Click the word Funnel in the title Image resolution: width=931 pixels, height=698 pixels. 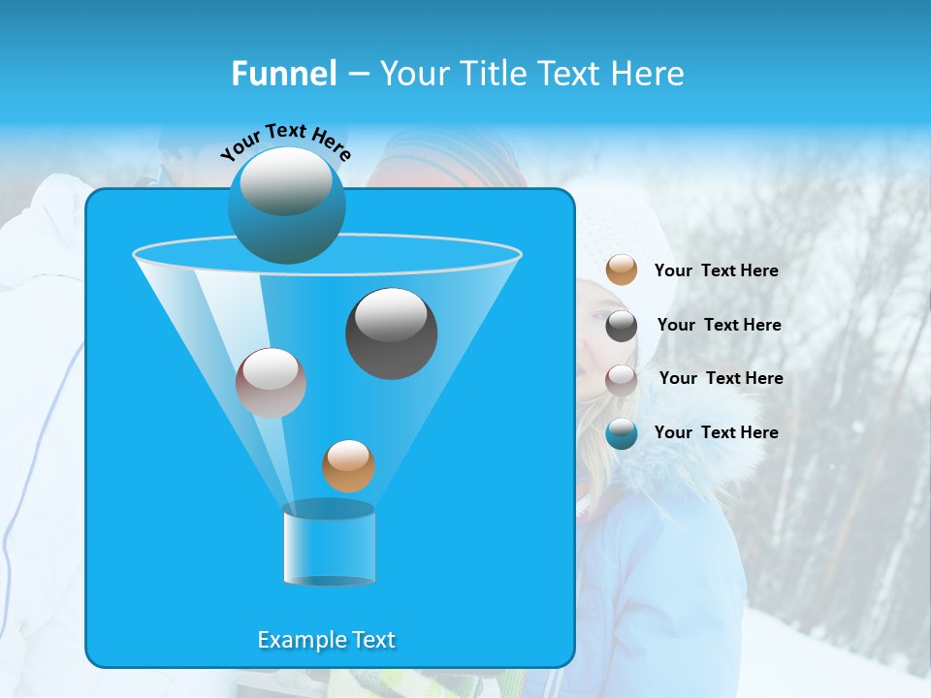tap(283, 74)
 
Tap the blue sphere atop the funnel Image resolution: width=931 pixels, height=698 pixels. tap(287, 206)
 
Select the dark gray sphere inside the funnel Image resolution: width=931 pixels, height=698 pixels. tap(392, 333)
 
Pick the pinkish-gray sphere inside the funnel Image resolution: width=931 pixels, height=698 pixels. tap(271, 383)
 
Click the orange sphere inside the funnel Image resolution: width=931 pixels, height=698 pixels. tap(348, 465)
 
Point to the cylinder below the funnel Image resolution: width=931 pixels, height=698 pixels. tap(329, 544)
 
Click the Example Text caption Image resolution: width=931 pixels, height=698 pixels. tap(327, 640)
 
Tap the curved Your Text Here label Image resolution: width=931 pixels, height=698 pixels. tap(285, 142)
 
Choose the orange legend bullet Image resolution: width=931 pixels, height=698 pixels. tap(622, 270)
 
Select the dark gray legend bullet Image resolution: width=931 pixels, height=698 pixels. tap(622, 326)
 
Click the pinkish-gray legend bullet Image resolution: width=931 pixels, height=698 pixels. tap(622, 379)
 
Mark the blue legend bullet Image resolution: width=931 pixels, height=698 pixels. tap(622, 433)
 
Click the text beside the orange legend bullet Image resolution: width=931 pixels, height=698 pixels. tap(716, 271)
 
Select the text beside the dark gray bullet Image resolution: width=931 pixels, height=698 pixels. tap(719, 326)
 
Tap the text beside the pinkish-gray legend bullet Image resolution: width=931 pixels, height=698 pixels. tap(721, 379)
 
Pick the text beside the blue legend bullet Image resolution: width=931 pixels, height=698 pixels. tap(716, 433)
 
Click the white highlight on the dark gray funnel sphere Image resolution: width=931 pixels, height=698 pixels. tap(392, 315)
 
